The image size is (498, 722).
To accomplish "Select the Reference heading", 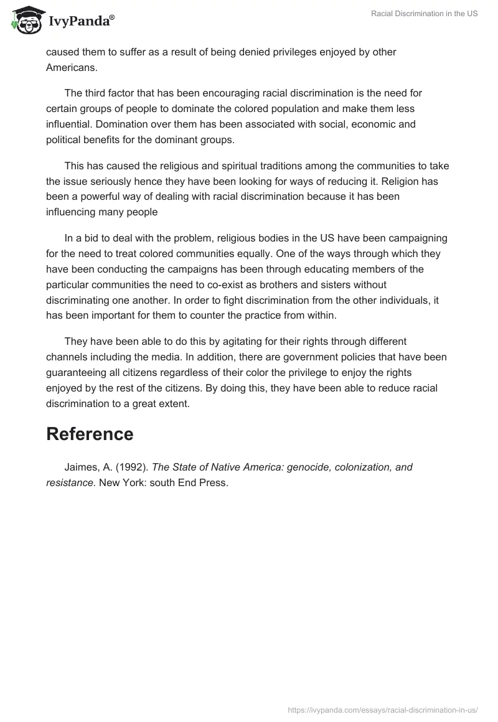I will click(x=90, y=434).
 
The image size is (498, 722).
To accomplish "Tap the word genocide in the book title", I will click(x=310, y=467).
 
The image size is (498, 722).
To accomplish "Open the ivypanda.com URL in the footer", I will click(x=382, y=710).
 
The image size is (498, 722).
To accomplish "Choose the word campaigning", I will click(x=416, y=238).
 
